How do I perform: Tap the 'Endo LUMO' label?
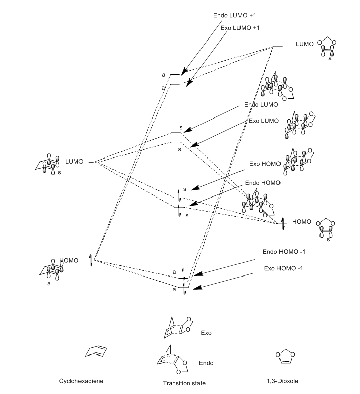[x=261, y=105]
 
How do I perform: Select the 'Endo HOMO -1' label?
[x=285, y=251]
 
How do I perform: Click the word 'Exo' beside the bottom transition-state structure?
[x=206, y=333]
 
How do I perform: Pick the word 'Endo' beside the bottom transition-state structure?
[x=207, y=363]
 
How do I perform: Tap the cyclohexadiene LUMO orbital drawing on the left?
[x=48, y=163]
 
